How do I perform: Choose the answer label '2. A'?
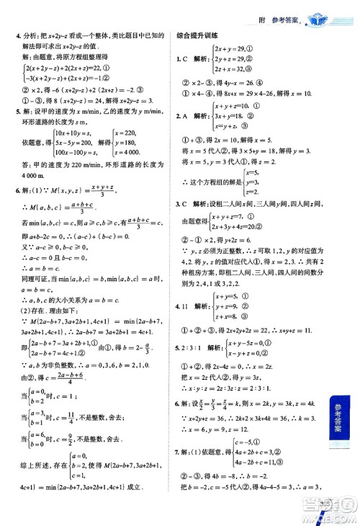[x=183, y=115]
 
